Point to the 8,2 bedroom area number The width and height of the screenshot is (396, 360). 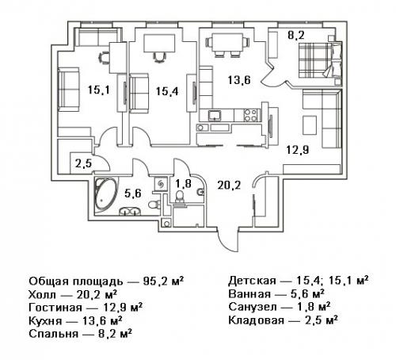coord(295,35)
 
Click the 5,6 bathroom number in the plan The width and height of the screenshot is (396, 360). coord(132,193)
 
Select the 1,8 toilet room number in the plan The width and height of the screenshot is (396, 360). coord(181,184)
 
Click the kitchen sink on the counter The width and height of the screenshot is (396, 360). coord(215,117)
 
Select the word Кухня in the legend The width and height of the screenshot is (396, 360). coord(46,320)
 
